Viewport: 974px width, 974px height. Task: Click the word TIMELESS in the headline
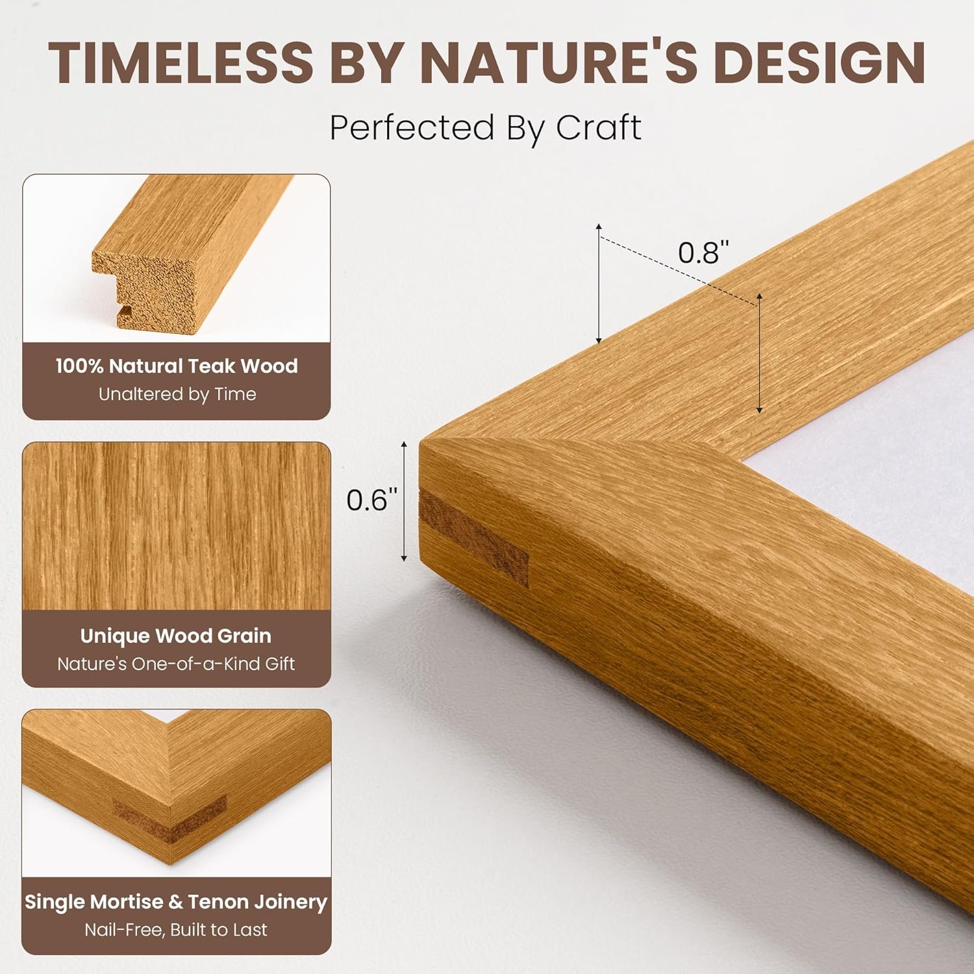point(181,62)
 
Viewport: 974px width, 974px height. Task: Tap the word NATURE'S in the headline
point(558,62)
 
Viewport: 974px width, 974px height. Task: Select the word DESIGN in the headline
point(819,62)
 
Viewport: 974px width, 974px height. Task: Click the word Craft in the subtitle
point(598,127)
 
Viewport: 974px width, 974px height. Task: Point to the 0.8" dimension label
point(703,253)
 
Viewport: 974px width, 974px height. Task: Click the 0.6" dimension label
point(371,500)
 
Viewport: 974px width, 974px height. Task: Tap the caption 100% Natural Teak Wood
point(177,366)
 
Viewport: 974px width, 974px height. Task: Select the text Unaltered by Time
point(177,394)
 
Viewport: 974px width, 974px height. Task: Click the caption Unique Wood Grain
point(176,636)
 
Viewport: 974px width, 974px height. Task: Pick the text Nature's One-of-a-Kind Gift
point(176,664)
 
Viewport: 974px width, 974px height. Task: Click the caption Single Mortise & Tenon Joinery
point(176,902)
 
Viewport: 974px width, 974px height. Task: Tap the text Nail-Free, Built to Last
point(176,930)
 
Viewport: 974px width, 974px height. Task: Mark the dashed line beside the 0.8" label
point(679,269)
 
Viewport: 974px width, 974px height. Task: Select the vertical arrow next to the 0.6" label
point(404,501)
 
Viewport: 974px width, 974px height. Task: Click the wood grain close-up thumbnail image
point(177,526)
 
